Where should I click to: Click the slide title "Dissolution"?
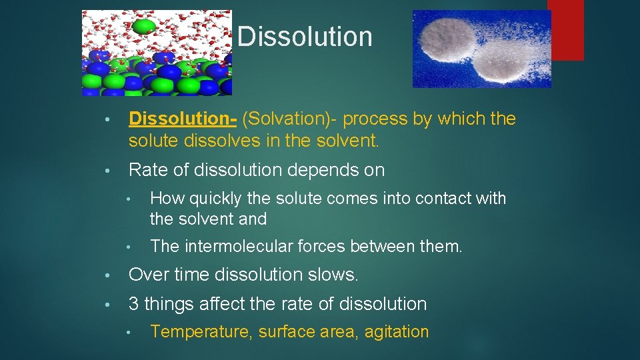point(305,37)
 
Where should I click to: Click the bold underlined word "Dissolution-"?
point(183,119)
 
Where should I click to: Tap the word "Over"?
point(148,275)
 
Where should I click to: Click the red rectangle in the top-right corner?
point(565,30)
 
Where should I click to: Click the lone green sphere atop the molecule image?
point(144,26)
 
